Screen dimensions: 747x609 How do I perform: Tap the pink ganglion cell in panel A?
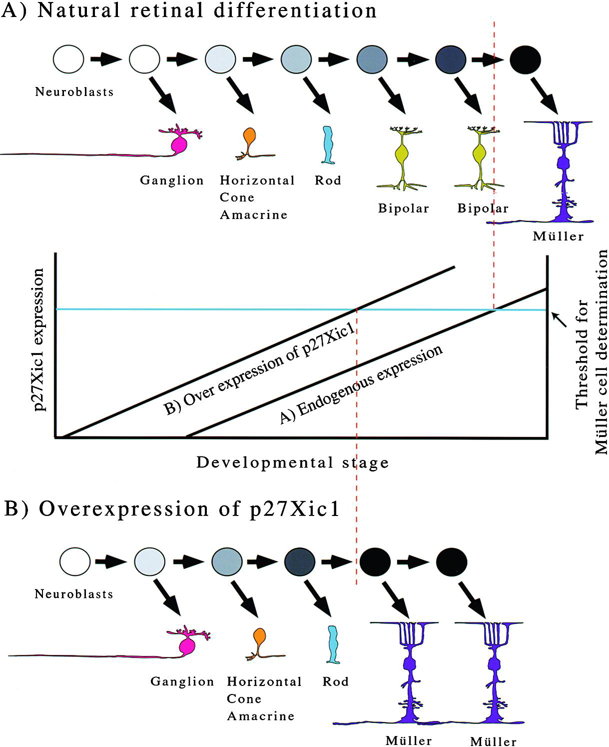click(x=179, y=144)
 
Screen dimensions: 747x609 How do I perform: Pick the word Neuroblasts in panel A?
click(x=74, y=92)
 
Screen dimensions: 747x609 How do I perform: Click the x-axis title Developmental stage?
click(x=292, y=462)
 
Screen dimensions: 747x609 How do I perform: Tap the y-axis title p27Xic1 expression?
click(x=38, y=339)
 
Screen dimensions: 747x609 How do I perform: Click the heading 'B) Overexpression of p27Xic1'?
click(x=172, y=509)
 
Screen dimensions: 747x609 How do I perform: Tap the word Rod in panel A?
click(x=328, y=180)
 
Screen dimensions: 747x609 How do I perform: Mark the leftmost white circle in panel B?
click(x=75, y=561)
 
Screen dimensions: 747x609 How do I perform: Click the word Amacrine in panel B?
click(x=260, y=716)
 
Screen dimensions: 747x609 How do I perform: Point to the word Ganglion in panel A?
click(x=172, y=180)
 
